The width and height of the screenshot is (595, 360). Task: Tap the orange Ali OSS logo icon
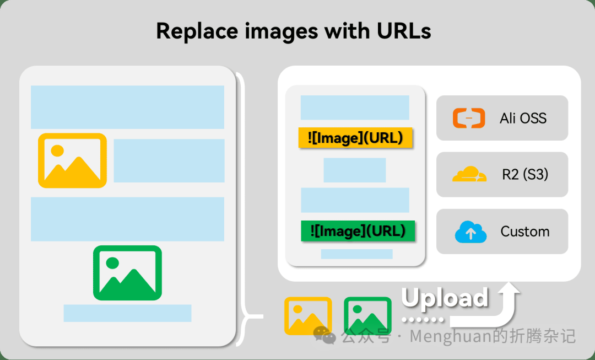click(x=469, y=118)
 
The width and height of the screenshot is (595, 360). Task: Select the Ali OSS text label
click(x=523, y=118)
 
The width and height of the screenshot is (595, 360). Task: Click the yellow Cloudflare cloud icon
click(x=469, y=174)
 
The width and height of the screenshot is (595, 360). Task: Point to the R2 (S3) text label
click(x=525, y=175)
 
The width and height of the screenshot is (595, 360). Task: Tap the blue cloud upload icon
click(x=470, y=231)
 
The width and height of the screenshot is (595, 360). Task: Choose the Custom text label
click(x=525, y=231)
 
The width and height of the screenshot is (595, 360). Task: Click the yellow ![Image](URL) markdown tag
click(x=355, y=137)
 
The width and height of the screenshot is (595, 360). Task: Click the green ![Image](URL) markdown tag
click(x=358, y=231)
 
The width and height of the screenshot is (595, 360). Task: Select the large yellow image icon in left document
click(x=73, y=160)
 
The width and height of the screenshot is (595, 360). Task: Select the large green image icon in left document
click(x=127, y=273)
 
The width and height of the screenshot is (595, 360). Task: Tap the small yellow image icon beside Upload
click(x=308, y=316)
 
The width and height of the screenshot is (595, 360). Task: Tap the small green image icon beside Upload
click(x=367, y=316)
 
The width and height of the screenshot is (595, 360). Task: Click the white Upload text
click(x=445, y=298)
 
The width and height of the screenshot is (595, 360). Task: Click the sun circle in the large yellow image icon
click(x=57, y=151)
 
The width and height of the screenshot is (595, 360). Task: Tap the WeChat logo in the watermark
click(x=324, y=335)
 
